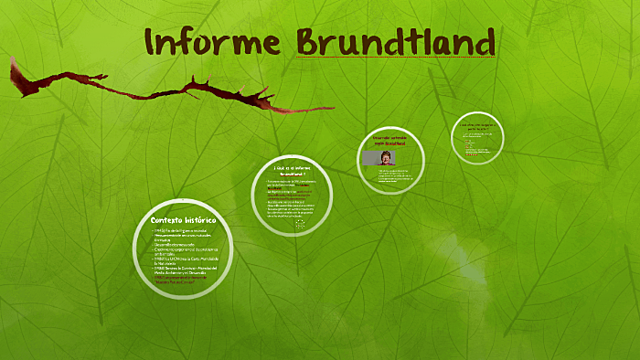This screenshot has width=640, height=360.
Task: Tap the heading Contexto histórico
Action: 183,220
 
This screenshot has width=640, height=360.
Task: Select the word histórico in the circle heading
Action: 200,220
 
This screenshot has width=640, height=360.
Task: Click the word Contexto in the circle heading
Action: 166,220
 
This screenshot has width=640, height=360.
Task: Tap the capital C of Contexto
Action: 154,220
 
